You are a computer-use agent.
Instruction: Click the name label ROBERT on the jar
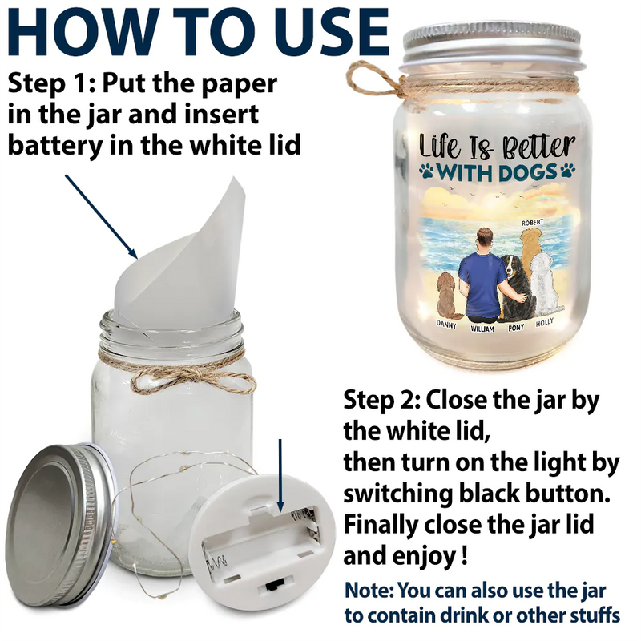[533, 222]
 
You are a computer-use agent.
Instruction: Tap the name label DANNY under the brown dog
[446, 325]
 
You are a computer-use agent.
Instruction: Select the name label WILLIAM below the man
[482, 329]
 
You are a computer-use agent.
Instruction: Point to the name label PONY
[516, 328]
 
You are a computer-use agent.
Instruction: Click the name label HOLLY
[545, 323]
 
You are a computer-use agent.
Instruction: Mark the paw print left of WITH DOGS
[426, 171]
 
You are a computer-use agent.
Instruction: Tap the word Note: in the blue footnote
[369, 590]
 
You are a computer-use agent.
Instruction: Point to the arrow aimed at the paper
[101, 216]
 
